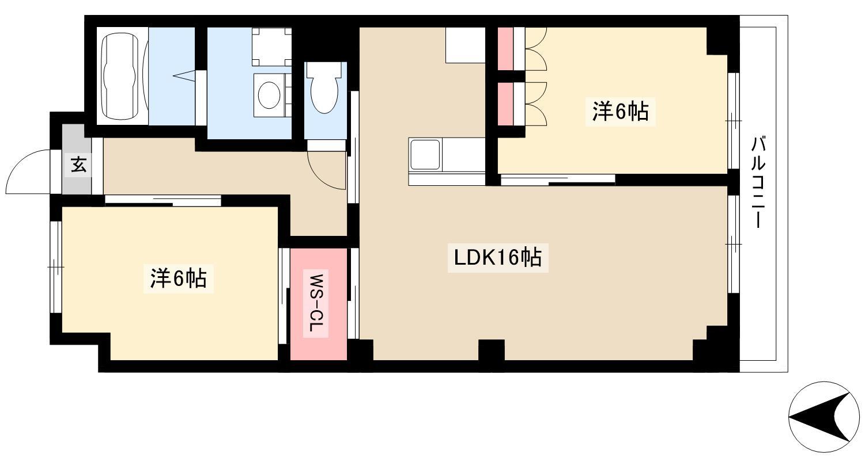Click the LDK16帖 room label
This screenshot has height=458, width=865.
(497, 258)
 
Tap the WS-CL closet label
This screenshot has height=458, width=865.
(318, 304)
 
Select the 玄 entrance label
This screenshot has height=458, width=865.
(78, 165)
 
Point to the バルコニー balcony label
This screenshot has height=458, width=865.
(758, 182)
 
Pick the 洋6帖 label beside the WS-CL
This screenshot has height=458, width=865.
(178, 278)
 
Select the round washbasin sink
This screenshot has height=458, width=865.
(269, 95)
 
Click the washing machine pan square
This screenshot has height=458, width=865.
(271, 46)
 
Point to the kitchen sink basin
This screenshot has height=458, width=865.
(425, 154)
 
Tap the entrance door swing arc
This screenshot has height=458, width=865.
(29, 170)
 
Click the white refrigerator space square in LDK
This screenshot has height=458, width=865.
(465, 45)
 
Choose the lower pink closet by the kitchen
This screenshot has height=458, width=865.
(505, 104)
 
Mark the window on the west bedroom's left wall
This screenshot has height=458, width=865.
(56, 267)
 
